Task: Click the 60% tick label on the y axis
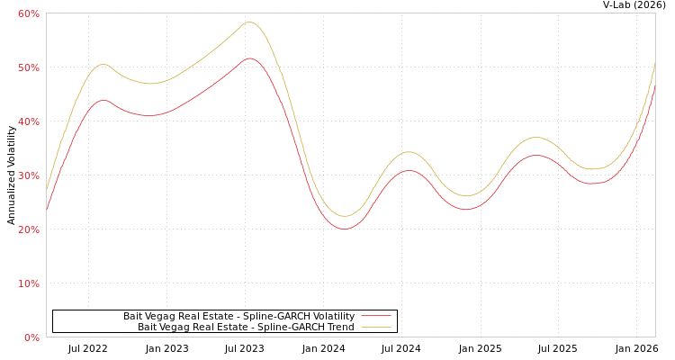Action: (x=28, y=13)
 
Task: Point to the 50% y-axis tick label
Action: (x=28, y=67)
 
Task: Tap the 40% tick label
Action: (x=28, y=121)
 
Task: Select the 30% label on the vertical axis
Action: (x=28, y=175)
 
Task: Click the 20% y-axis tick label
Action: (x=28, y=229)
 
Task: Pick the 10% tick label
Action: (x=28, y=283)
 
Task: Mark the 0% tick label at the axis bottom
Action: (x=31, y=337)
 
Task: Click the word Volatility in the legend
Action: (x=334, y=317)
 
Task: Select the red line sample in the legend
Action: (x=375, y=317)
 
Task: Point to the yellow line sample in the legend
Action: (x=375, y=328)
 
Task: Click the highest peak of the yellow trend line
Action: (x=249, y=22)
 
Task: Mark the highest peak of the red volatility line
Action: (x=249, y=58)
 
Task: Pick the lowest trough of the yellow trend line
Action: (x=344, y=216)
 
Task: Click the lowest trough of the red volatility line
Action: (x=344, y=229)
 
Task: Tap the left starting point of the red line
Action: (x=47, y=210)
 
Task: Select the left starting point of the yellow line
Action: (x=47, y=189)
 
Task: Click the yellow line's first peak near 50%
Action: (x=103, y=64)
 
